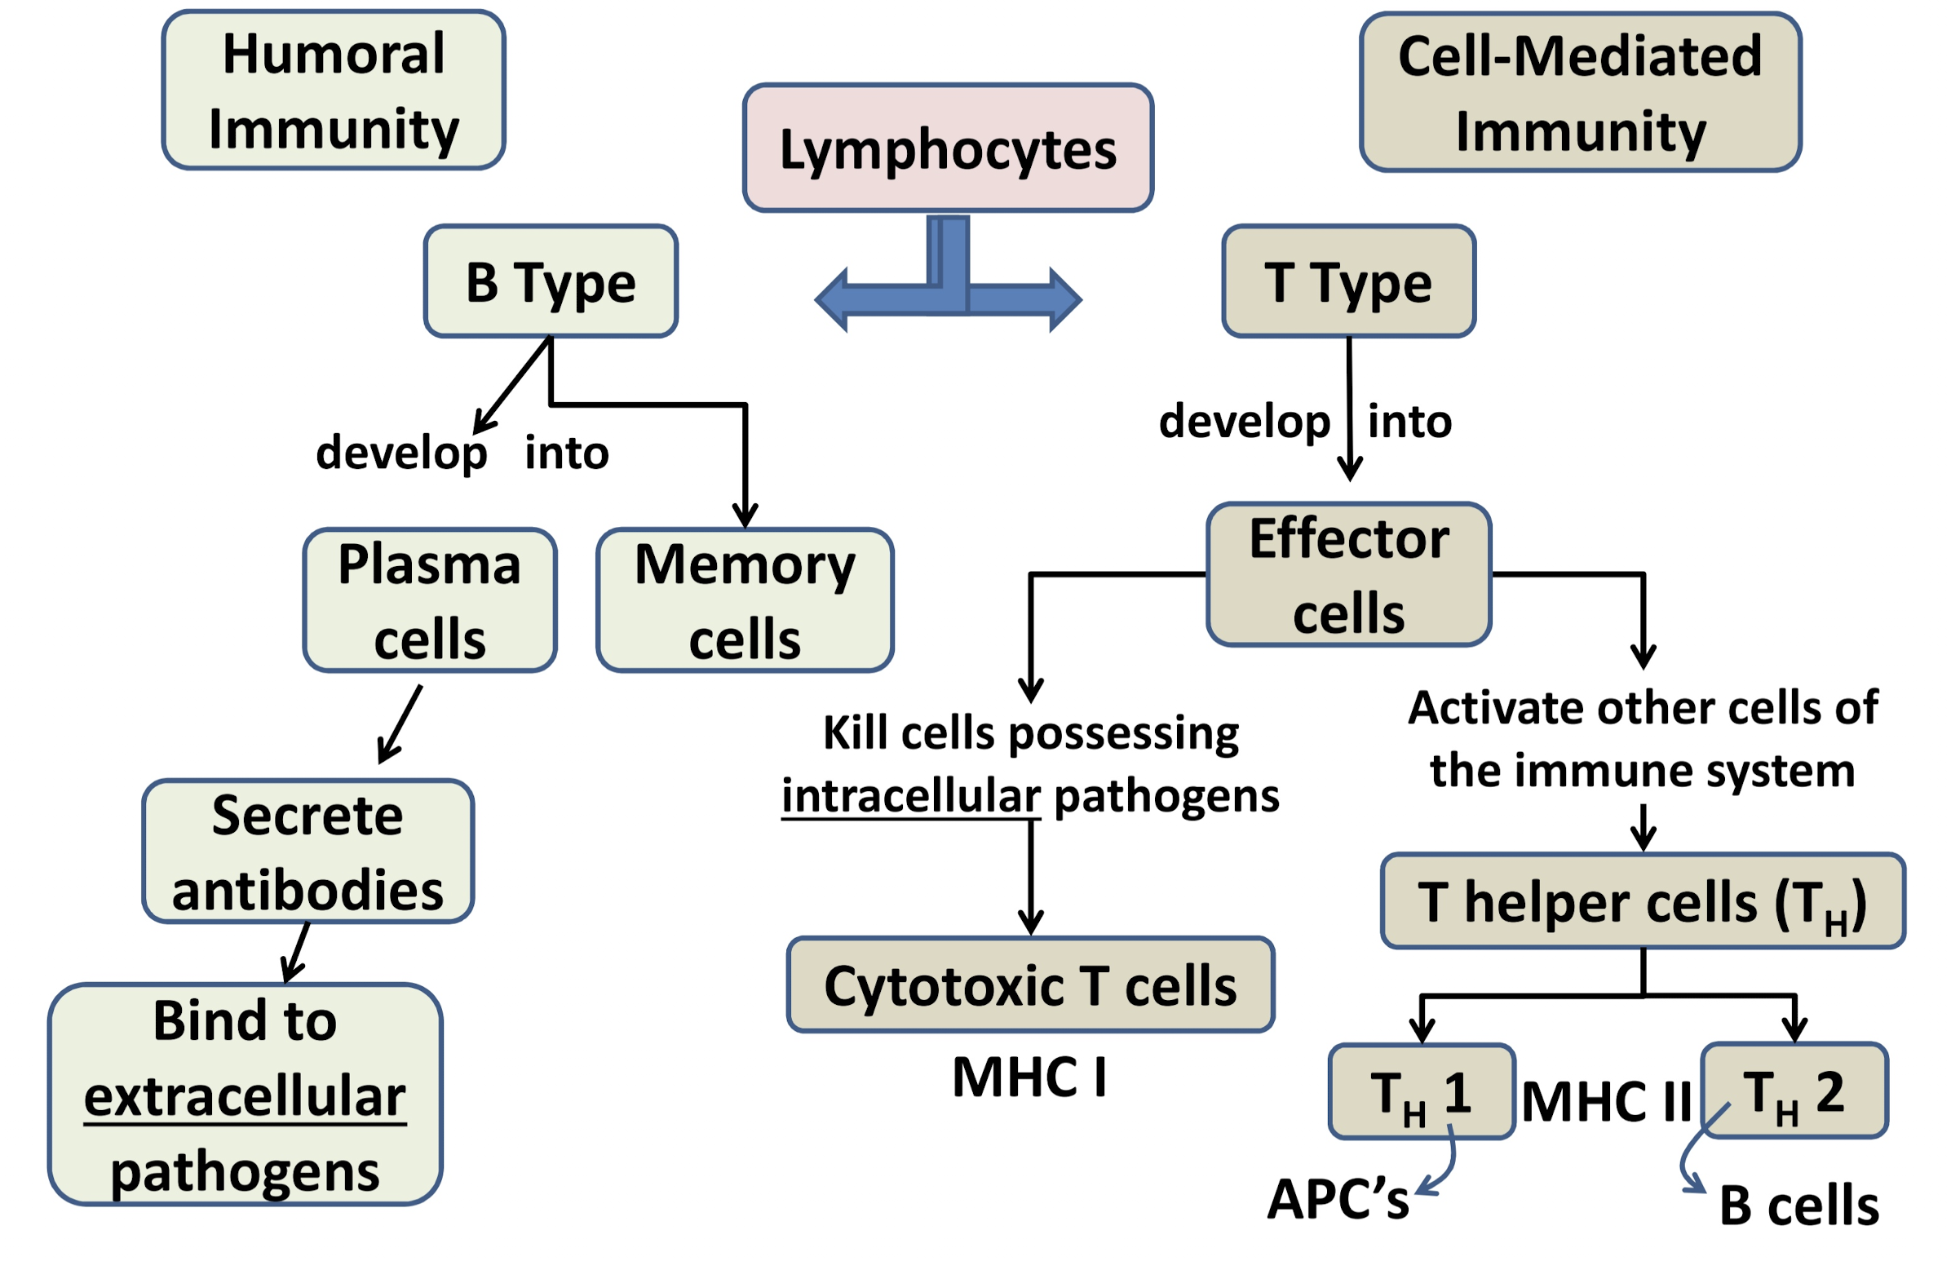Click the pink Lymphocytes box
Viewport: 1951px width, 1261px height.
click(x=947, y=148)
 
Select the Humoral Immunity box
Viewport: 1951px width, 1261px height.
click(x=333, y=90)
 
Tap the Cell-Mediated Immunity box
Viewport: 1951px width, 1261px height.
click(x=1579, y=91)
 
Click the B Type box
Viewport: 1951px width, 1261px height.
click(x=551, y=281)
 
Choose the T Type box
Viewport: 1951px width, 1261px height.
click(x=1347, y=281)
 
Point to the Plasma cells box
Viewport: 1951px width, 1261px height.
click(x=429, y=600)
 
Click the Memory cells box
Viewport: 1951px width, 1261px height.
click(x=743, y=600)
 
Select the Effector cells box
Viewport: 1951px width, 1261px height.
click(x=1347, y=574)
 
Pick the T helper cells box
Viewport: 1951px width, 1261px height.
click(x=1642, y=900)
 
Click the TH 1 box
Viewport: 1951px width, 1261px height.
click(x=1421, y=1091)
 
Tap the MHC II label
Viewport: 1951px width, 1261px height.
click(x=1605, y=1100)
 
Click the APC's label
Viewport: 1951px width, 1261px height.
click(x=1337, y=1199)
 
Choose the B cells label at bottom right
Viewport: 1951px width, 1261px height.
click(x=1798, y=1206)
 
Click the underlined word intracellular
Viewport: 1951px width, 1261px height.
click(x=909, y=795)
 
